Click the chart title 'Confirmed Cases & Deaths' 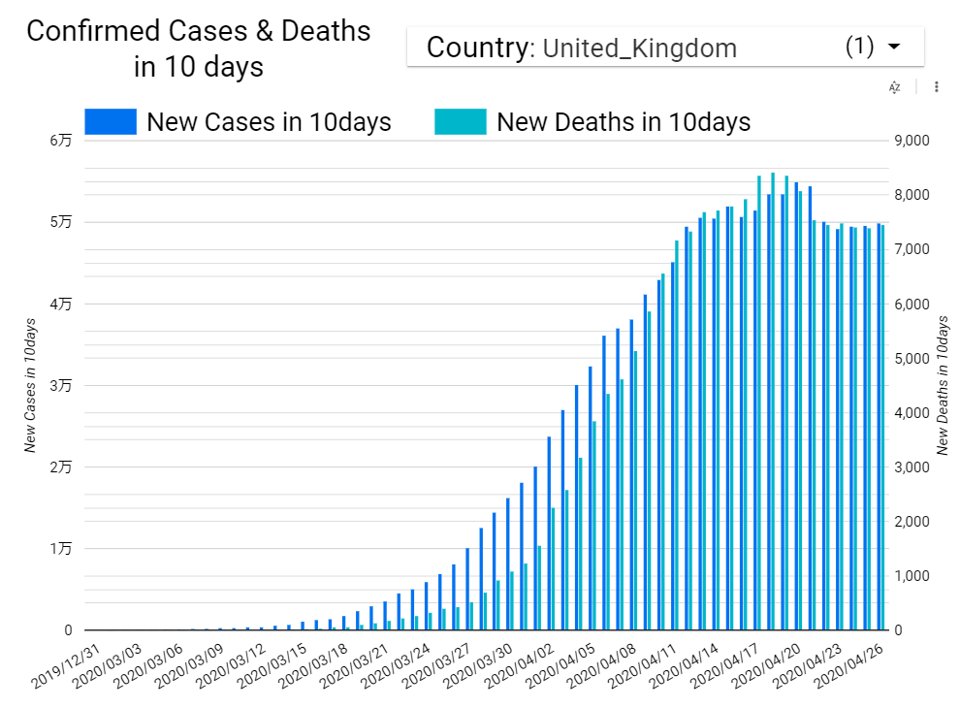tap(198, 31)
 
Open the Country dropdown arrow tap(894, 47)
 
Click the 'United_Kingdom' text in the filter tap(639, 48)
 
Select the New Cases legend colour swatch tap(111, 122)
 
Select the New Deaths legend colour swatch tap(460, 122)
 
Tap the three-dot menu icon tap(936, 87)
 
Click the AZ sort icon tap(895, 87)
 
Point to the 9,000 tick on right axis tap(912, 142)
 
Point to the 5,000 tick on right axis tap(912, 359)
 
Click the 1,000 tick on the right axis tap(912, 576)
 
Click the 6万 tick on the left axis tap(60, 142)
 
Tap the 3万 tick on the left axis tap(60, 386)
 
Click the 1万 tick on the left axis tap(60, 549)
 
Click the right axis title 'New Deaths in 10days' tap(943, 386)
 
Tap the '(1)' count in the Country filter tap(859, 47)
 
